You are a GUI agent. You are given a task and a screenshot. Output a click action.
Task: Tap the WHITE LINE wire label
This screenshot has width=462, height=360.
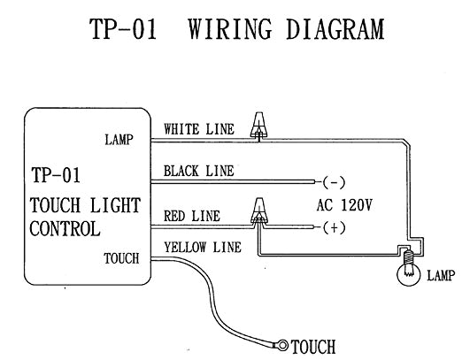click(199, 129)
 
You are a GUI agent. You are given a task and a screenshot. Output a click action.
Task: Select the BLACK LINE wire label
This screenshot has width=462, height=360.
click(199, 171)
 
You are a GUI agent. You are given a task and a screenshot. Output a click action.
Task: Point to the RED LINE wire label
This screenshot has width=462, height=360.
click(193, 216)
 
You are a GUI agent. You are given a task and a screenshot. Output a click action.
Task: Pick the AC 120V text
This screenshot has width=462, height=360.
click(344, 204)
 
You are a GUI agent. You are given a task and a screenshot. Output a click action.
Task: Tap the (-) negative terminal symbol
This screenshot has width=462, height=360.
click(334, 183)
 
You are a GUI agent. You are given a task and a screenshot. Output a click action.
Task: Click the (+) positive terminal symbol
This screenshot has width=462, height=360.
click(334, 227)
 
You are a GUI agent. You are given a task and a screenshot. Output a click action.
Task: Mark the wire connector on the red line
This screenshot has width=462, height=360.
click(258, 211)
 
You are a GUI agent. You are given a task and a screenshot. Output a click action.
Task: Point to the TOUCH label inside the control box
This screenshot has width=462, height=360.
click(120, 258)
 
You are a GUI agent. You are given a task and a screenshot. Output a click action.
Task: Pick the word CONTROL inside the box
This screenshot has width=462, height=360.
click(65, 227)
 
